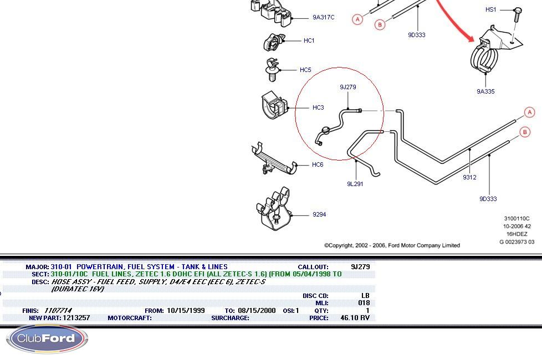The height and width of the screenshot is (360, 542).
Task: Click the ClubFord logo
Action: [x=47, y=338]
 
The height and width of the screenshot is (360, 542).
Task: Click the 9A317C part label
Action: [x=323, y=17]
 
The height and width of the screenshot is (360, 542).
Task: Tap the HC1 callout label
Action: [x=309, y=40]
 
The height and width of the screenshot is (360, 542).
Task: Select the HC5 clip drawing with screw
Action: [x=272, y=69]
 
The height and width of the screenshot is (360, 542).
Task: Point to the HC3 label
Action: [x=318, y=107]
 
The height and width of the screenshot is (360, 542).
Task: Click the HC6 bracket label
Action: [x=318, y=164]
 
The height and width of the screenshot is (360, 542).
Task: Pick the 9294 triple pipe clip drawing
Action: [x=274, y=209]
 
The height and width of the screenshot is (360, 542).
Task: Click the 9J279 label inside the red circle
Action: [x=347, y=87]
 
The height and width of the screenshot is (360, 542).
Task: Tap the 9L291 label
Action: [x=355, y=184]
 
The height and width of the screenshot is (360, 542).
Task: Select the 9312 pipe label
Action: [x=469, y=177]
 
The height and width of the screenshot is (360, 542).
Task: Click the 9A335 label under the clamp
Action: [x=485, y=91]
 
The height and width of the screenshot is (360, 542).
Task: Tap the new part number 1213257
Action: [x=76, y=318]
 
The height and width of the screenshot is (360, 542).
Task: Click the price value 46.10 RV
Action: [x=355, y=318]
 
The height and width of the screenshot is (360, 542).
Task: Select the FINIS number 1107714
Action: [x=58, y=311]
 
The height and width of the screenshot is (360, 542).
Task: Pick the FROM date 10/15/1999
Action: [x=186, y=311]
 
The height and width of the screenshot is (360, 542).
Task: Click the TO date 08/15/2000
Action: [x=257, y=311]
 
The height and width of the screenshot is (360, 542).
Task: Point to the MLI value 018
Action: [x=364, y=303]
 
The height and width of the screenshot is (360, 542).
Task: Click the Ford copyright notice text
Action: [x=392, y=245]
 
